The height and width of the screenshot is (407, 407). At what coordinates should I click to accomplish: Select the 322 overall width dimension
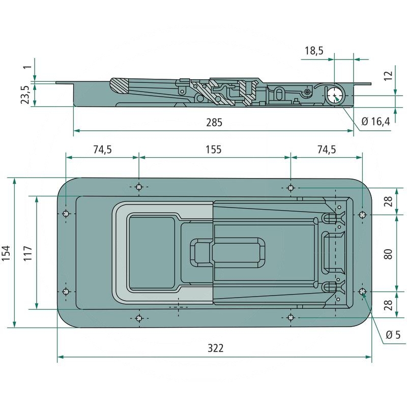(216, 348)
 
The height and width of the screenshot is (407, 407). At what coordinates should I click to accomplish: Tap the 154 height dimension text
(7, 253)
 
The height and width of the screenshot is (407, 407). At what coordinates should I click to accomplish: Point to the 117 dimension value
(27, 253)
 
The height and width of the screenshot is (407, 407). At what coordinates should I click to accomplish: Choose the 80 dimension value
(388, 253)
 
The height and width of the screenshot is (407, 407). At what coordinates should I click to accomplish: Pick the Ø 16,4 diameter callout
(375, 122)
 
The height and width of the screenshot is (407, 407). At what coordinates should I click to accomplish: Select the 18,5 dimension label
(314, 51)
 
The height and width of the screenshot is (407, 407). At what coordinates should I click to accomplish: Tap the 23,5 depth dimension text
(24, 95)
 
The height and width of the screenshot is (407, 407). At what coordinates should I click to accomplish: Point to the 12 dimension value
(388, 76)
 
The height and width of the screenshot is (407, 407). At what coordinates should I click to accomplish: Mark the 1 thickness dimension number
(27, 65)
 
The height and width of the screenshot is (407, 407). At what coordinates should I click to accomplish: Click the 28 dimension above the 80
(388, 201)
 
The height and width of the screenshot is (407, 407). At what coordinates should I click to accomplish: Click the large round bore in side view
(335, 95)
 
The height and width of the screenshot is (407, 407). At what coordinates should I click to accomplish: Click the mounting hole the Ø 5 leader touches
(362, 291)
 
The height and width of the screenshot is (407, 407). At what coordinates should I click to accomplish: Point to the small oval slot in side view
(279, 93)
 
